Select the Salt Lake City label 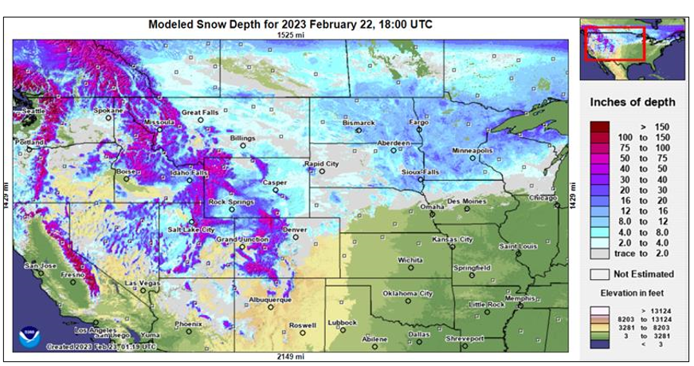pos(191,230)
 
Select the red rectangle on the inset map pos(614,43)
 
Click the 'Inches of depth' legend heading pos(633,102)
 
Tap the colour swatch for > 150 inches pos(601,126)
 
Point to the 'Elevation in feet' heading pos(632,293)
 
